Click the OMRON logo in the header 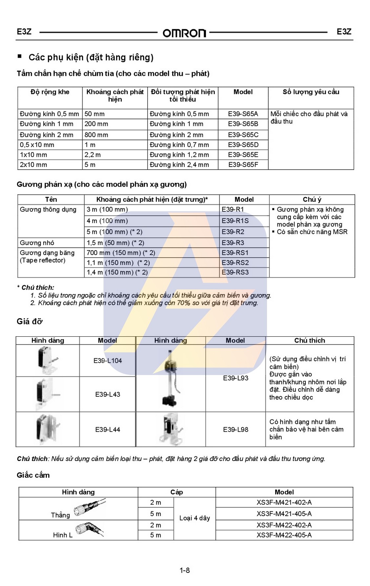point(184,33)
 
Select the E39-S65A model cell point(243,114)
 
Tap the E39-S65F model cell point(243,165)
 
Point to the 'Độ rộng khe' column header point(50,92)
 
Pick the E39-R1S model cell point(235,221)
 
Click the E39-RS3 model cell point(235,272)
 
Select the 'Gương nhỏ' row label point(37,243)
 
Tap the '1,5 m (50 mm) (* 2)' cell point(115,243)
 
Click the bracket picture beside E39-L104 point(47,360)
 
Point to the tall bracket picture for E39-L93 point(171,378)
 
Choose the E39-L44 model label point(108,429)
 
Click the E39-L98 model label point(236,429)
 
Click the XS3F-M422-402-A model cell point(284,525)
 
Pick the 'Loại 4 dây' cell point(195,518)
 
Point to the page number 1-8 point(185,570)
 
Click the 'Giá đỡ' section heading point(30,322)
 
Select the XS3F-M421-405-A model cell point(284,513)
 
